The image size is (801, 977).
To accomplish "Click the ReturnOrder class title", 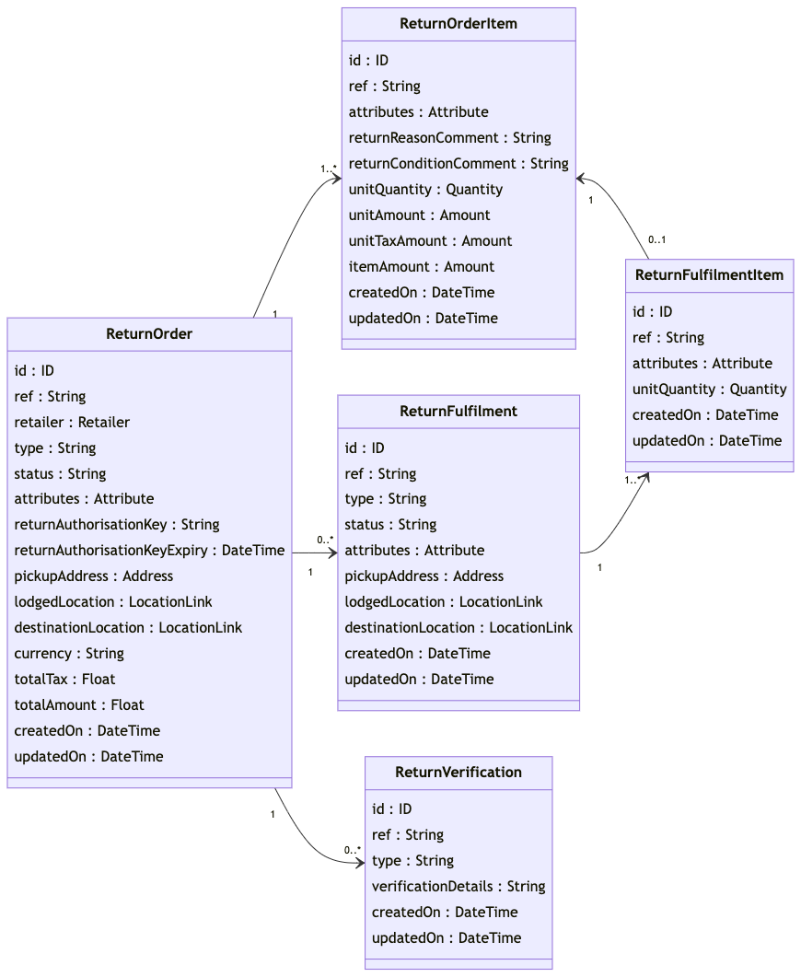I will [149, 334].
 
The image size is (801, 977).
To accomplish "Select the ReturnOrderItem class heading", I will [459, 24].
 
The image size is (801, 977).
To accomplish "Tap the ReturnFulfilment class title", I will [459, 412].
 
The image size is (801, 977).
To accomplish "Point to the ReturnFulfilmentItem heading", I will [709, 275].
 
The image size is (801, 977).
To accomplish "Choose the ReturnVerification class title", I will [459, 773].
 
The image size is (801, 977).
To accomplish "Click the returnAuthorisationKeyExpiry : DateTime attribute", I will [149, 551].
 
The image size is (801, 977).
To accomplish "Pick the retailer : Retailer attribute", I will [72, 423].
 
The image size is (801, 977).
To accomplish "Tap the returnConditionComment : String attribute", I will [459, 164].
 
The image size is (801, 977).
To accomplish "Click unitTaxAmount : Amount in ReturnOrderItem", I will [430, 241].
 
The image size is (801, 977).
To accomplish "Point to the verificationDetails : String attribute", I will [459, 887].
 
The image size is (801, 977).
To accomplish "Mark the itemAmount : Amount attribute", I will [421, 267].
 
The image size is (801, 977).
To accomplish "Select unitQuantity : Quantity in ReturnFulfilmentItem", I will [709, 390].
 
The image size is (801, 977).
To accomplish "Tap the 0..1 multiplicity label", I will [656, 240].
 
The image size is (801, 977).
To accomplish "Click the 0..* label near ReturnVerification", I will [353, 850].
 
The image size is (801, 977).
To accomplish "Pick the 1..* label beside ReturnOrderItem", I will [329, 169].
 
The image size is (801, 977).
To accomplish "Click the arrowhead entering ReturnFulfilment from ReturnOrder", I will [332, 552].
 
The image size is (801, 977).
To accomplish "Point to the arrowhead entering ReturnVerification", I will [360, 863].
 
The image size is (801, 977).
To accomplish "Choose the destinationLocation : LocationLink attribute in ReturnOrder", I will [128, 628].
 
